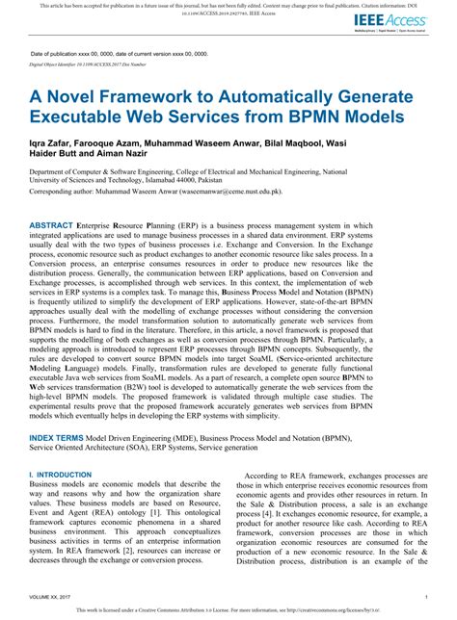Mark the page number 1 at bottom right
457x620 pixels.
[x=422, y=598]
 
